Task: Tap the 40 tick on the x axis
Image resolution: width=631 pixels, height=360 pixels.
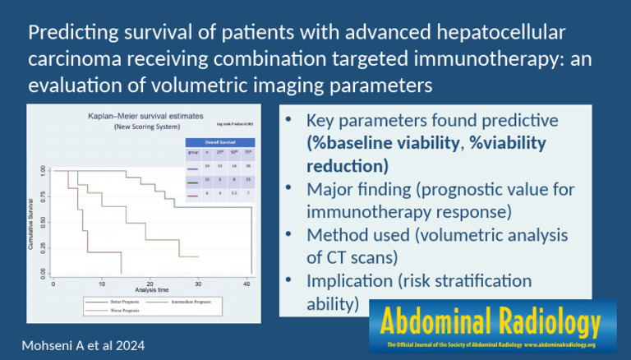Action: point(247,283)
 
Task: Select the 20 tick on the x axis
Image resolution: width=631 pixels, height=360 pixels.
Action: point(150,283)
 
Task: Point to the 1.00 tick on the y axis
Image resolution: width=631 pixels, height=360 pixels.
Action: point(44,170)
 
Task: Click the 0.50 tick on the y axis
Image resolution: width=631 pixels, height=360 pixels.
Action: point(44,223)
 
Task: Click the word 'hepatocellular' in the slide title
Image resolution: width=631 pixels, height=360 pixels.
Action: point(485,35)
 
